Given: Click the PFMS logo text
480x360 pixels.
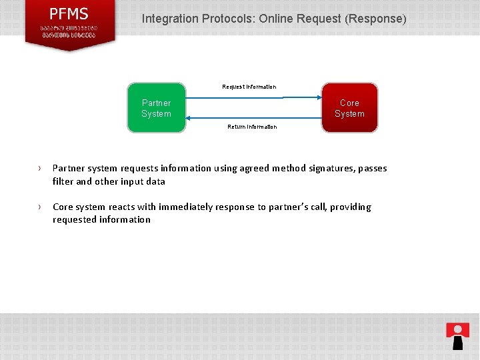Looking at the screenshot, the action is (69, 14).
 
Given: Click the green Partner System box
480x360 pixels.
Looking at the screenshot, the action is (156, 108).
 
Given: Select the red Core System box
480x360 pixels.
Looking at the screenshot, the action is (349, 108).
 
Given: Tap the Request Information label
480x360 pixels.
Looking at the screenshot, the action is (249, 87).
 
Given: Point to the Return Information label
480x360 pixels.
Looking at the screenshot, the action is (252, 127).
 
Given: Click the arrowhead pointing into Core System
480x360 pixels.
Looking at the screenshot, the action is (318, 98).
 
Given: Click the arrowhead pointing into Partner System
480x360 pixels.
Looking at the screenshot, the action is (189, 118).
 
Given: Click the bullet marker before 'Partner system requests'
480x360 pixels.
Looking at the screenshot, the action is (40, 169).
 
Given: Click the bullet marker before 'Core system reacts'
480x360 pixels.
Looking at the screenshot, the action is (40, 207).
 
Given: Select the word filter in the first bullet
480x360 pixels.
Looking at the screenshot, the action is (63, 181).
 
